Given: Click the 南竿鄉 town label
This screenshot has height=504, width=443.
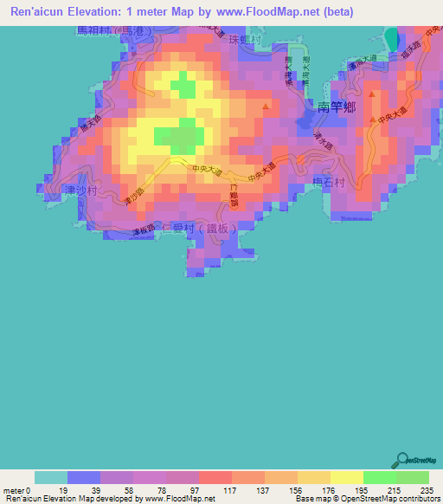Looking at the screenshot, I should (x=337, y=107).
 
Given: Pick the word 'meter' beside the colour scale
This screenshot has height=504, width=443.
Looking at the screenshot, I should (x=16, y=492).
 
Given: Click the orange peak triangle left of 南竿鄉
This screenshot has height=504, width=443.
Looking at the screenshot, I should (x=266, y=107).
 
